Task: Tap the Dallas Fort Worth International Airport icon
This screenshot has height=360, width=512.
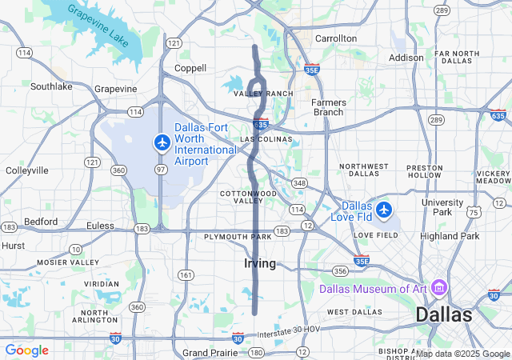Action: (x=162, y=142)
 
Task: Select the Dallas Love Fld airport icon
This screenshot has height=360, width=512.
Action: (x=386, y=210)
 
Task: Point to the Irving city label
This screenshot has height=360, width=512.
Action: (x=260, y=263)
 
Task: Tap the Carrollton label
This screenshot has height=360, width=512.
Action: (x=336, y=38)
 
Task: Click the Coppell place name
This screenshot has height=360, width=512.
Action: (x=190, y=68)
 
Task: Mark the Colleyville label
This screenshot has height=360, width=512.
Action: (x=27, y=170)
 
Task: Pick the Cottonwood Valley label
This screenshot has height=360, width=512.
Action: (x=249, y=197)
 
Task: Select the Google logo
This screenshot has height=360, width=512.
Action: (x=26, y=350)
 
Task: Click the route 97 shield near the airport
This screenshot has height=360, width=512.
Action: (x=160, y=170)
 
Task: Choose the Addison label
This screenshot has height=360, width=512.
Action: (x=406, y=58)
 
